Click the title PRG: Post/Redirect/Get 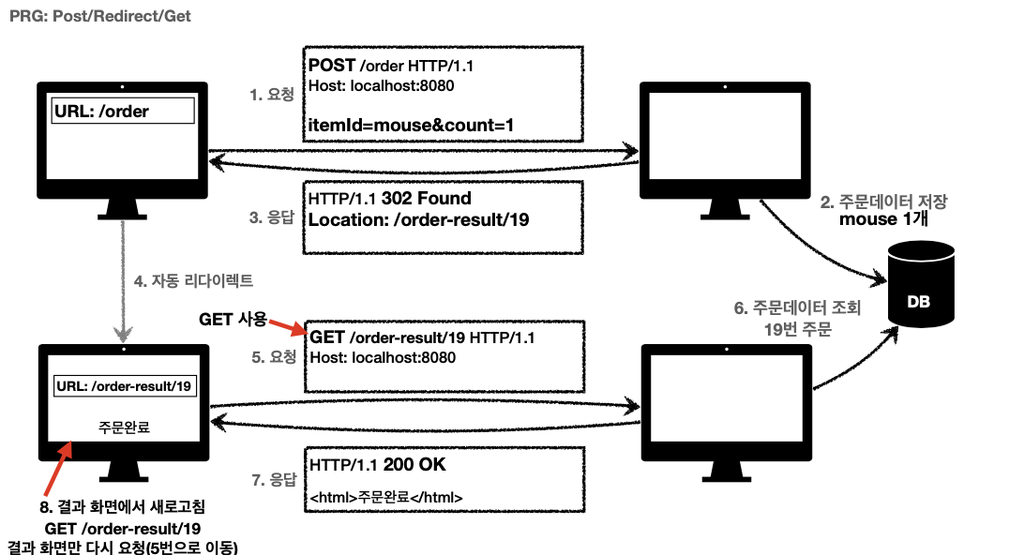tap(101, 17)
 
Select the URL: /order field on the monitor tap(124, 112)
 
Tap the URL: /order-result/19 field tap(125, 386)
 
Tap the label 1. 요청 tap(272, 94)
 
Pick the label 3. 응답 tap(272, 217)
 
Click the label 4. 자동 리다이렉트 tap(193, 280)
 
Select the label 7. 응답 tap(272, 480)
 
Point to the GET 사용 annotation tap(233, 319)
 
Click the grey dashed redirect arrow tap(123, 281)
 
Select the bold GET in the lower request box tap(327, 337)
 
